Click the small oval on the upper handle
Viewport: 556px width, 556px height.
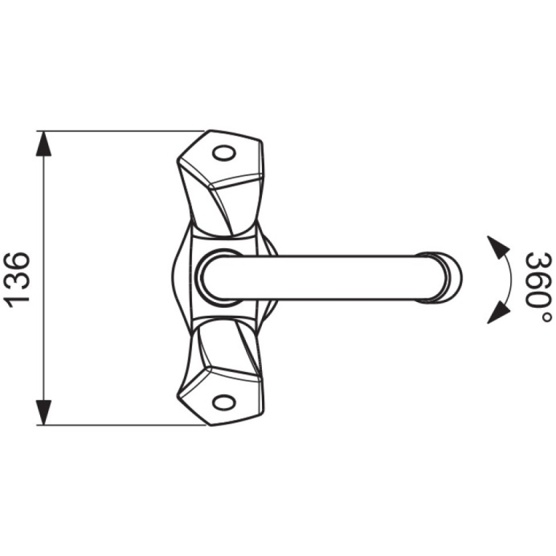[224, 154]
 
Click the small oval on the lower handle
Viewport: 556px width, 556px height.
[224, 402]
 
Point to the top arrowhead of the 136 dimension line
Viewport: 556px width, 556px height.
[44, 144]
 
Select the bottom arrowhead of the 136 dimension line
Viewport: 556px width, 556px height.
[44, 412]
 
